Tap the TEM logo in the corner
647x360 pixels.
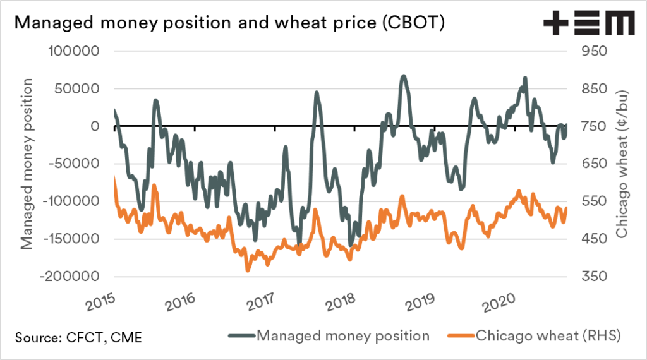tap(589, 24)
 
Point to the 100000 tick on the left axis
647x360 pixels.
tap(73, 51)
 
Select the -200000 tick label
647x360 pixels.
tap(71, 277)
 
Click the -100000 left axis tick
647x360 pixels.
tap(71, 201)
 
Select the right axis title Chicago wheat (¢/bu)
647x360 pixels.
tap(623, 164)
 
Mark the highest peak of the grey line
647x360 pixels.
tap(403, 76)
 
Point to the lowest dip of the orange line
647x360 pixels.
tap(248, 270)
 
